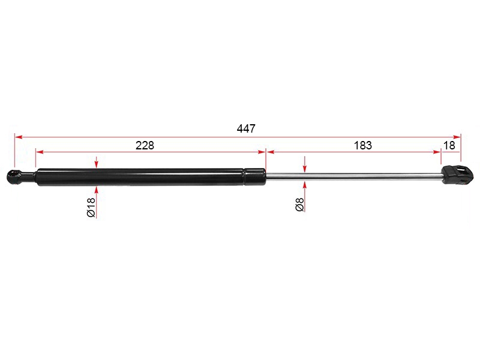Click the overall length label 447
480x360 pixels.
tap(246, 128)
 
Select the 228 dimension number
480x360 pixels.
tap(145, 145)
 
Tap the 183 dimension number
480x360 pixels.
tap(363, 145)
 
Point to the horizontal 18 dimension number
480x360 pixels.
tap(449, 145)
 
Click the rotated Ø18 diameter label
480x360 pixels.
tap(91, 207)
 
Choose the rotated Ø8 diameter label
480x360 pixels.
tap(300, 205)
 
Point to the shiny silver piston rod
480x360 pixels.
tap(354, 176)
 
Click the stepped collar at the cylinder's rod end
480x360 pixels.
tap(254, 176)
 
